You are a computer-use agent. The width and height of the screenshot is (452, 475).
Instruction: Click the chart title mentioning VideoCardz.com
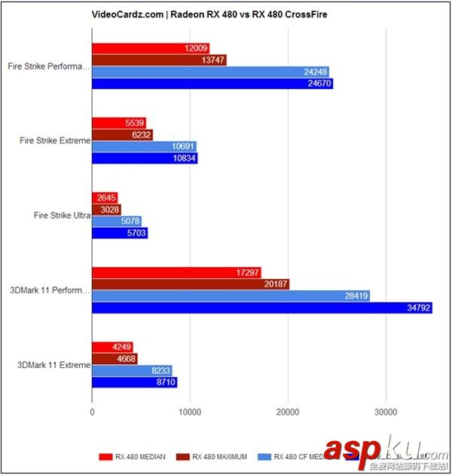(226, 14)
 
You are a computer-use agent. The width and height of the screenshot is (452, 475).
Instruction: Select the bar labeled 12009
(151, 48)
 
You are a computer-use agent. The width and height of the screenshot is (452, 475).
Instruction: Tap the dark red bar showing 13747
(159, 60)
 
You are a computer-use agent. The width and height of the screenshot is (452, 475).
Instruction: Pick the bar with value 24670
(212, 84)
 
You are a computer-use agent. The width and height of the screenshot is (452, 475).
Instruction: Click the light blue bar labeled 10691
(144, 146)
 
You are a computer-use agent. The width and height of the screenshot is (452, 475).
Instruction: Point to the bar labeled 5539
(119, 123)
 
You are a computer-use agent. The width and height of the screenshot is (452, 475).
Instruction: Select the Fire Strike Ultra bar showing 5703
(120, 233)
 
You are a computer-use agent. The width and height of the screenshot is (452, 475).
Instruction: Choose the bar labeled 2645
(105, 198)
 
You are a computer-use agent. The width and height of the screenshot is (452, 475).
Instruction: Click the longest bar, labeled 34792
(261, 308)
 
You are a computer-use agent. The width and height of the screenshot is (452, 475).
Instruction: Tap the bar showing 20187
(191, 284)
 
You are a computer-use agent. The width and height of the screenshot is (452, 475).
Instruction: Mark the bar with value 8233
(132, 370)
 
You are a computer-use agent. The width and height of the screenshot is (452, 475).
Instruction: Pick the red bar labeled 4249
(112, 347)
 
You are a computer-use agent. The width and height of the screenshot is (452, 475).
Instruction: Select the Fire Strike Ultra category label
(63, 215)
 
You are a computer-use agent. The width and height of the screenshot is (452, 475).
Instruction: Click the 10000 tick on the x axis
(190, 412)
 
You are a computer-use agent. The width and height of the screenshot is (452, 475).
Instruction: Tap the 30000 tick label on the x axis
(385, 412)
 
